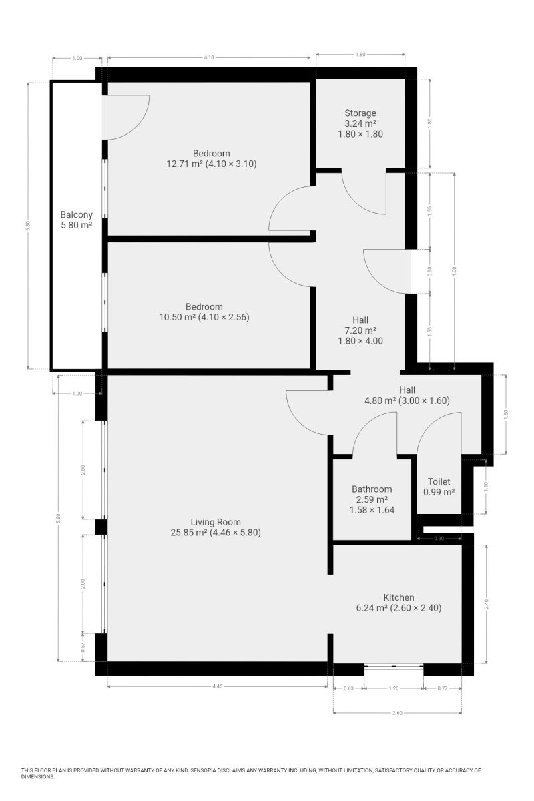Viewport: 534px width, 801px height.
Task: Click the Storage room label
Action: (360, 113)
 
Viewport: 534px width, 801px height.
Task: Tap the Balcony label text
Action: (77, 214)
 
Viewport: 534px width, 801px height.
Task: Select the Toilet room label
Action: (439, 481)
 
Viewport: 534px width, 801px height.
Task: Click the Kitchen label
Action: (398, 597)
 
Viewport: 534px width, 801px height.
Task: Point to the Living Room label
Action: (216, 522)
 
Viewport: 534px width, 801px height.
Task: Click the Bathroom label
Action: (372, 489)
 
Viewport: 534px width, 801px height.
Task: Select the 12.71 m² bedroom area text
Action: (185, 164)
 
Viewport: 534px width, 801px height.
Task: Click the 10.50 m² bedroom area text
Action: (178, 317)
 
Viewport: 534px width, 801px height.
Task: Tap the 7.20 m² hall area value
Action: (360, 330)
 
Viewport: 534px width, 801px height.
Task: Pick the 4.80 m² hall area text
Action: (380, 400)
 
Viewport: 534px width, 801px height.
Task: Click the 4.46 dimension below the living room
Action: (217, 686)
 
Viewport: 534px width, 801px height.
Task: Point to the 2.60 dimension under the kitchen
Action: (397, 713)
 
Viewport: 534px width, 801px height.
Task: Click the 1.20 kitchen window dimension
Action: (393, 688)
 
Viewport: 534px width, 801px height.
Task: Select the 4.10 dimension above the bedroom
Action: (209, 57)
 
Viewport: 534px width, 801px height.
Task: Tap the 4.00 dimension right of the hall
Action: (455, 272)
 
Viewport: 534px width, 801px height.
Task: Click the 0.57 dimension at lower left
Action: (83, 647)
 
